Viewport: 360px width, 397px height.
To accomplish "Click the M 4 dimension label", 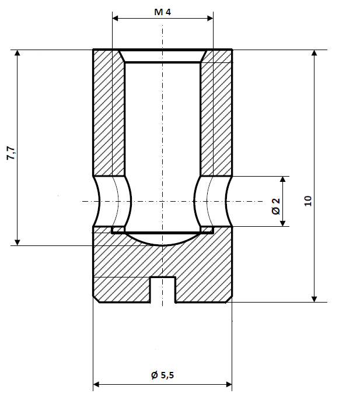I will tap(163, 12).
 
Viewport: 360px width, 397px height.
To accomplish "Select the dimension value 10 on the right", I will tap(308, 201).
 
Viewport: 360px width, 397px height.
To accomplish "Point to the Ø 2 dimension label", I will tap(276, 206).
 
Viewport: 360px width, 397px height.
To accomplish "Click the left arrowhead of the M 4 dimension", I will tap(116, 19).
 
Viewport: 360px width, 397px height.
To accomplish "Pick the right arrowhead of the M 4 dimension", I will tap(209, 19).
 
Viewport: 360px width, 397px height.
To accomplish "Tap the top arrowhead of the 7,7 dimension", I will tap(18, 54).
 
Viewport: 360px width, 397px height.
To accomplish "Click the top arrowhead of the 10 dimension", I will tap(314, 54).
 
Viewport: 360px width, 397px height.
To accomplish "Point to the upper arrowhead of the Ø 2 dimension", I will tap(284, 180).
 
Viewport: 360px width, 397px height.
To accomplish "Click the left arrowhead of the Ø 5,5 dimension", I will tap(97, 385).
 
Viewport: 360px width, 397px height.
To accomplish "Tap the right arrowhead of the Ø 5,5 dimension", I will tap(228, 385).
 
